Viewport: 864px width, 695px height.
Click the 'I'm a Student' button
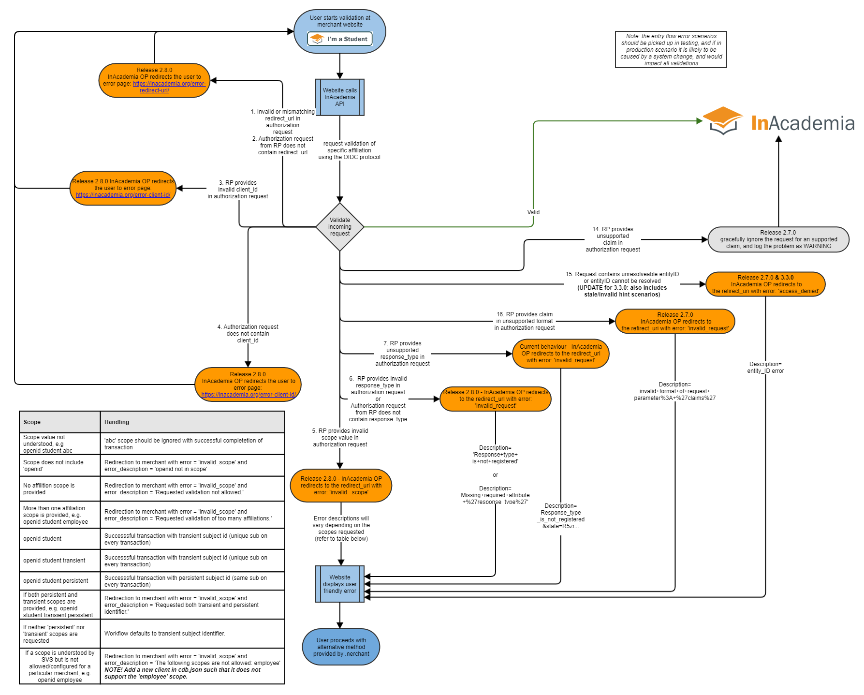coord(340,39)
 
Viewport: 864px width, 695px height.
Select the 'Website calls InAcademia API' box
coord(340,97)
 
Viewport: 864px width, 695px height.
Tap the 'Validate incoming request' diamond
coord(340,227)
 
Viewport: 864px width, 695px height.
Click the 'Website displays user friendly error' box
coord(340,584)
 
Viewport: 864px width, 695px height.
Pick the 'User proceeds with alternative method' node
coord(341,647)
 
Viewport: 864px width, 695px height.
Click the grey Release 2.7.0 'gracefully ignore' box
coord(778,239)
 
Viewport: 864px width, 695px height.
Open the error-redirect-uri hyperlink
coord(169,87)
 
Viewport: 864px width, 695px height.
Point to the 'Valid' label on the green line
coord(533,212)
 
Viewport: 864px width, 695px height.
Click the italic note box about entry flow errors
coord(671,50)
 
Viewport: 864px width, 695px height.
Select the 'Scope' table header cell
coord(59,422)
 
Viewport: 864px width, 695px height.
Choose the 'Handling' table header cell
coord(192,422)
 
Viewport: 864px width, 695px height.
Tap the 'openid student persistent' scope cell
coord(59,581)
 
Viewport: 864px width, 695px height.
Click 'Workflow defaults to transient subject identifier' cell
coord(192,634)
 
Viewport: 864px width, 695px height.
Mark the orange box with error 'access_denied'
coord(765,284)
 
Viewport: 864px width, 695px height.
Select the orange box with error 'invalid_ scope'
coord(341,486)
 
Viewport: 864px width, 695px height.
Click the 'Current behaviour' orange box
coord(561,354)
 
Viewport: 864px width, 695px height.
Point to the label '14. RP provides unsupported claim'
coord(613,239)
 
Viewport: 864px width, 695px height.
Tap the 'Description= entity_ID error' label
coord(765,368)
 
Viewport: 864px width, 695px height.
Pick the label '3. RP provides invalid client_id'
coord(238,190)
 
